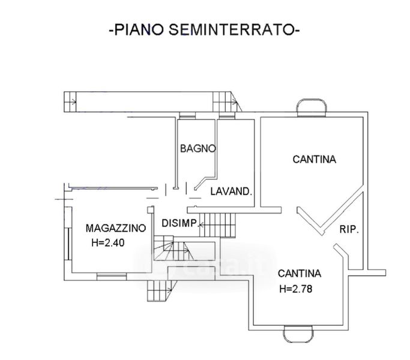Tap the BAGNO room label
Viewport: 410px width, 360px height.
coord(198,148)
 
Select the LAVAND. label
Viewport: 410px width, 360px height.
coord(231,191)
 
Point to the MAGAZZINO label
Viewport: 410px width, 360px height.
coord(116,228)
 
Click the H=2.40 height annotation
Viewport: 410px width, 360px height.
coord(107,243)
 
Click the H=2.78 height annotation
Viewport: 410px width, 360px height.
coord(296,289)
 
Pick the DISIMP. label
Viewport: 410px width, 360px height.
coord(179,223)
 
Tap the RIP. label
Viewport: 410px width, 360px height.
coord(349,229)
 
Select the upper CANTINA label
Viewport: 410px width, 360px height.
coord(315,159)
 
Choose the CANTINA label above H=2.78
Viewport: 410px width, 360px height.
coord(300,274)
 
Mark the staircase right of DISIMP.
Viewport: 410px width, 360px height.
coord(217,225)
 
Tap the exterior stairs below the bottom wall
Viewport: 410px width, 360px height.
coord(161,291)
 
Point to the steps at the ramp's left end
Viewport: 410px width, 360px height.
coord(70,101)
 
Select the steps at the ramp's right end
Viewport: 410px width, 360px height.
coord(226,101)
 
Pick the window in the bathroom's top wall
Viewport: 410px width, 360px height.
coord(187,116)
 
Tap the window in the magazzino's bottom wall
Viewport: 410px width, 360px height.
coord(112,277)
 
